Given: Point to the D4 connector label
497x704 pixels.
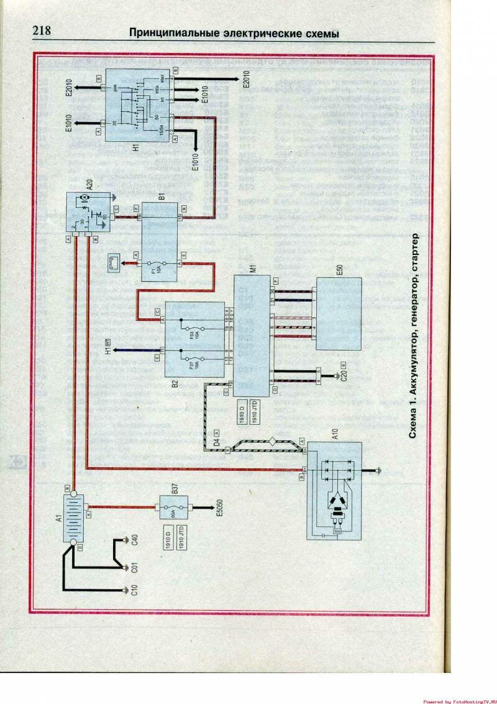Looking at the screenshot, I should (217, 444).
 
